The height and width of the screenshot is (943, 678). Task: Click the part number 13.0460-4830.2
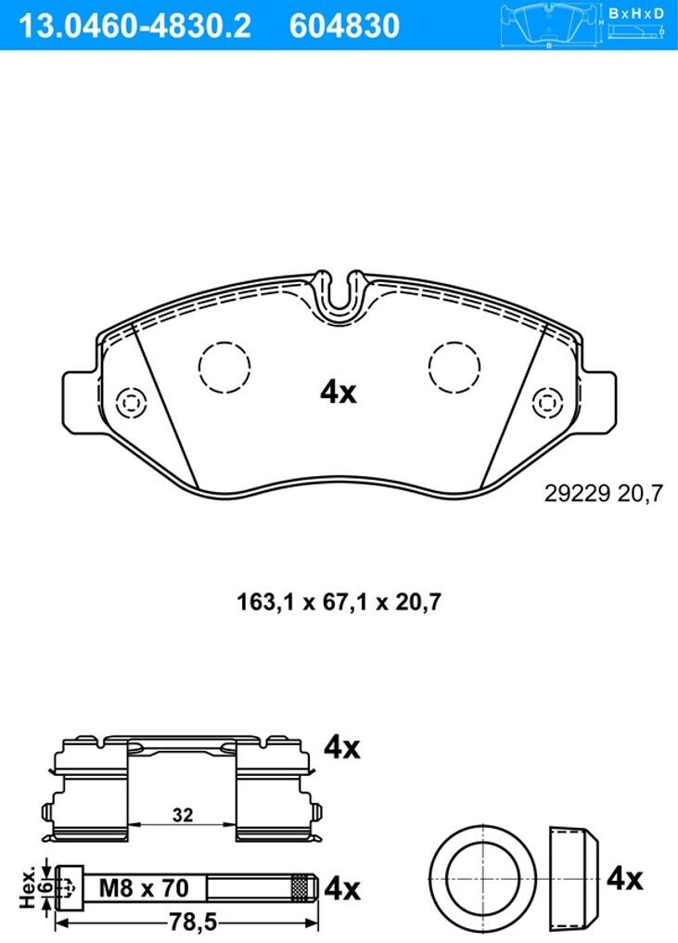pos(134,25)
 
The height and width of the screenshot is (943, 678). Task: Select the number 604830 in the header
pos(344,25)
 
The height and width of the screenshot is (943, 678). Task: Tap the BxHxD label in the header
pos(636,13)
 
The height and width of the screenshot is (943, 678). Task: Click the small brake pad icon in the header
pos(552,25)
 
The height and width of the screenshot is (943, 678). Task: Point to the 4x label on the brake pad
pos(339,393)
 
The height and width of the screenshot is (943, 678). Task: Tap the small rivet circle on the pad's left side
pos(131,402)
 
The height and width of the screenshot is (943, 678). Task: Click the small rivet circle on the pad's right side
pos(548,402)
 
